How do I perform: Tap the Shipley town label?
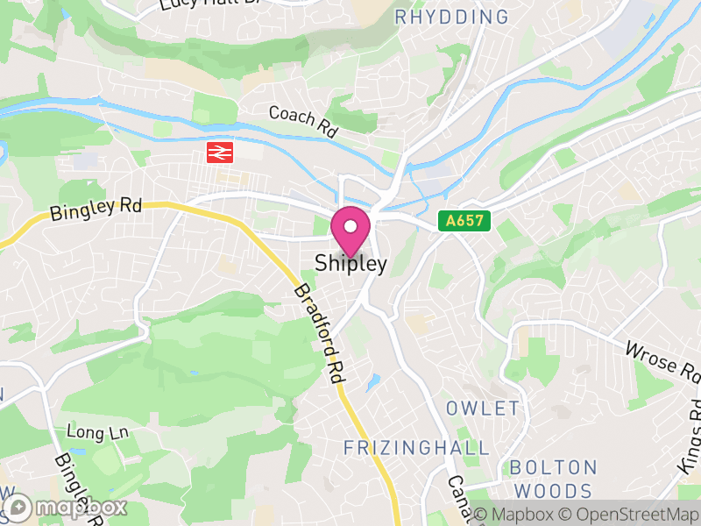[350, 263]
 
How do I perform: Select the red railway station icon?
[218, 153]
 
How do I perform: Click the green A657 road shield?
[464, 221]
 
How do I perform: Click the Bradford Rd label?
[318, 333]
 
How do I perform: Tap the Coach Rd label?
[303, 122]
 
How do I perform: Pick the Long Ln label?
[98, 432]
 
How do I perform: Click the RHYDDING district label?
[451, 17]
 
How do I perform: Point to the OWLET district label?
[483, 409]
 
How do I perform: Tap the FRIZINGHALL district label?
[416, 448]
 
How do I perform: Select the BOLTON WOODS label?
[553, 479]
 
